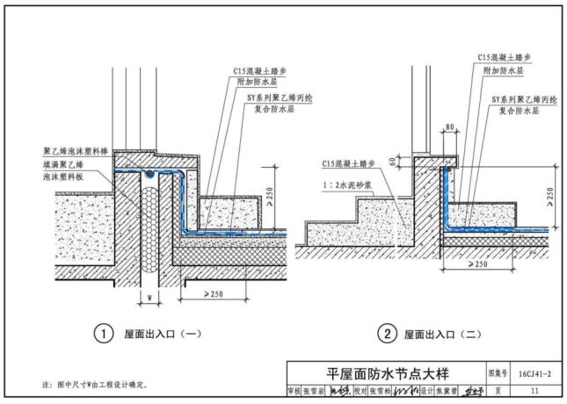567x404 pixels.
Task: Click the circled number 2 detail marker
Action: [x=386, y=334]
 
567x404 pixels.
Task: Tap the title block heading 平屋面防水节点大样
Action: [x=387, y=372]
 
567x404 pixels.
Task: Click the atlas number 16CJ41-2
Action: [x=534, y=372]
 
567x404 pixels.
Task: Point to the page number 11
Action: [x=534, y=390]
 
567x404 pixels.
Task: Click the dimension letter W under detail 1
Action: [x=150, y=294]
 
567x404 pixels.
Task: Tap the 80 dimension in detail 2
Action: [x=450, y=127]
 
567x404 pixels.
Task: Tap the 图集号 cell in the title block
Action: [x=498, y=372]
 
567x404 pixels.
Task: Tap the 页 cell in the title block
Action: [x=498, y=390]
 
